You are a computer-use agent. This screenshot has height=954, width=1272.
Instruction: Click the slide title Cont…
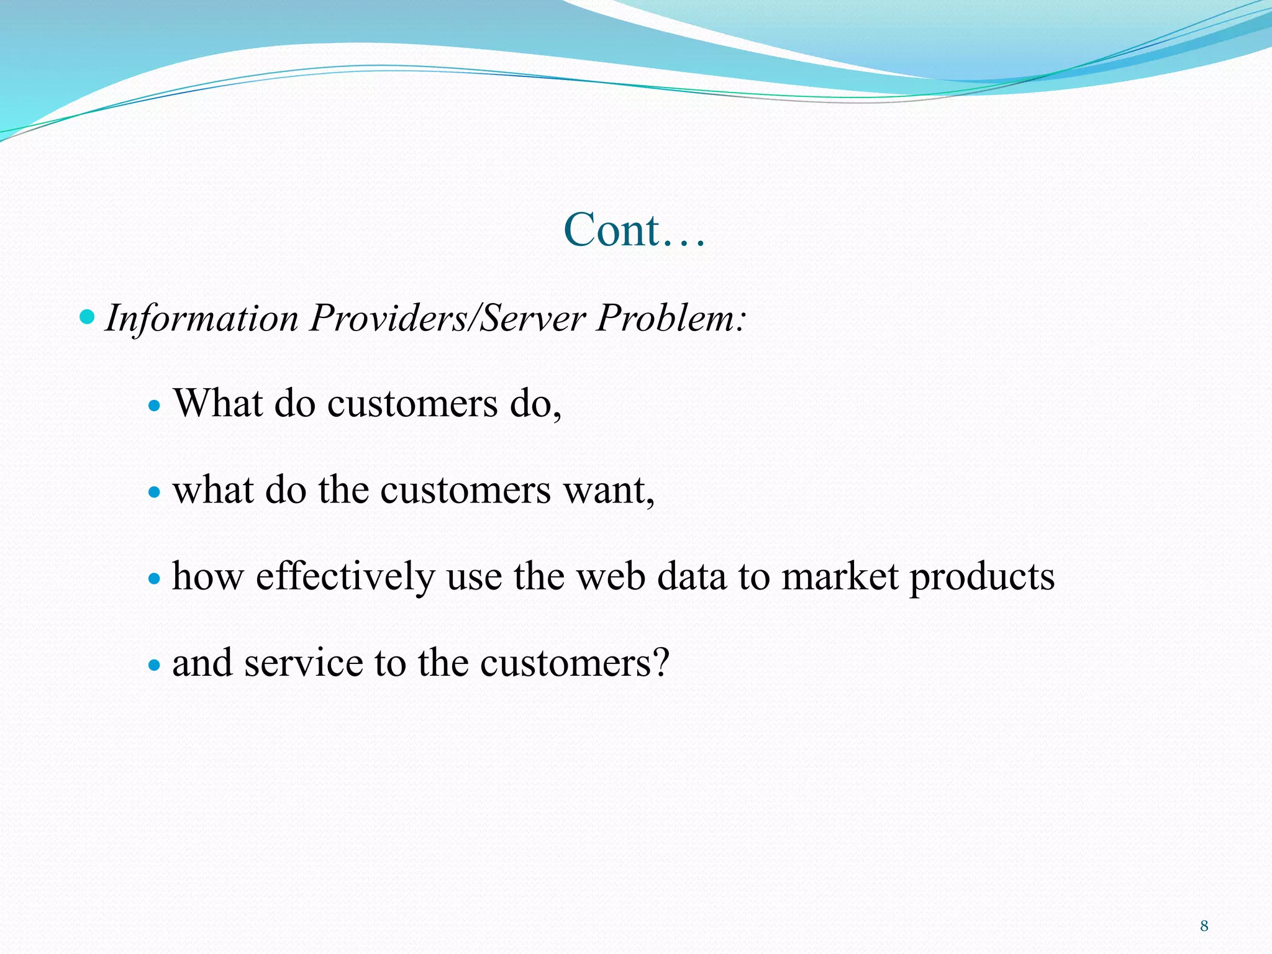click(634, 230)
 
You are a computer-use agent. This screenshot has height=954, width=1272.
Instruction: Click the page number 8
click(1204, 926)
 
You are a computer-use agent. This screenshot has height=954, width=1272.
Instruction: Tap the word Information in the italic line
click(202, 318)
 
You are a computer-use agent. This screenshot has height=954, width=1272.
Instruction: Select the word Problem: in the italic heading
click(671, 318)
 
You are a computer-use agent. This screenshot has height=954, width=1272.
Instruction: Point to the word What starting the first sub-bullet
click(218, 403)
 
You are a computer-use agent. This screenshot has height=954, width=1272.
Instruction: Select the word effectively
click(345, 576)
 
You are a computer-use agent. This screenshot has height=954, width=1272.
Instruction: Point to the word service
click(303, 663)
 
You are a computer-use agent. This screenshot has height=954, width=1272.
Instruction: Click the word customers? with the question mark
click(575, 663)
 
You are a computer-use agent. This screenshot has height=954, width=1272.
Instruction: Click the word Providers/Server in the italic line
click(447, 318)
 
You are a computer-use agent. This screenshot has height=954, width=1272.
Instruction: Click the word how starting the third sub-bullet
click(207, 576)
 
